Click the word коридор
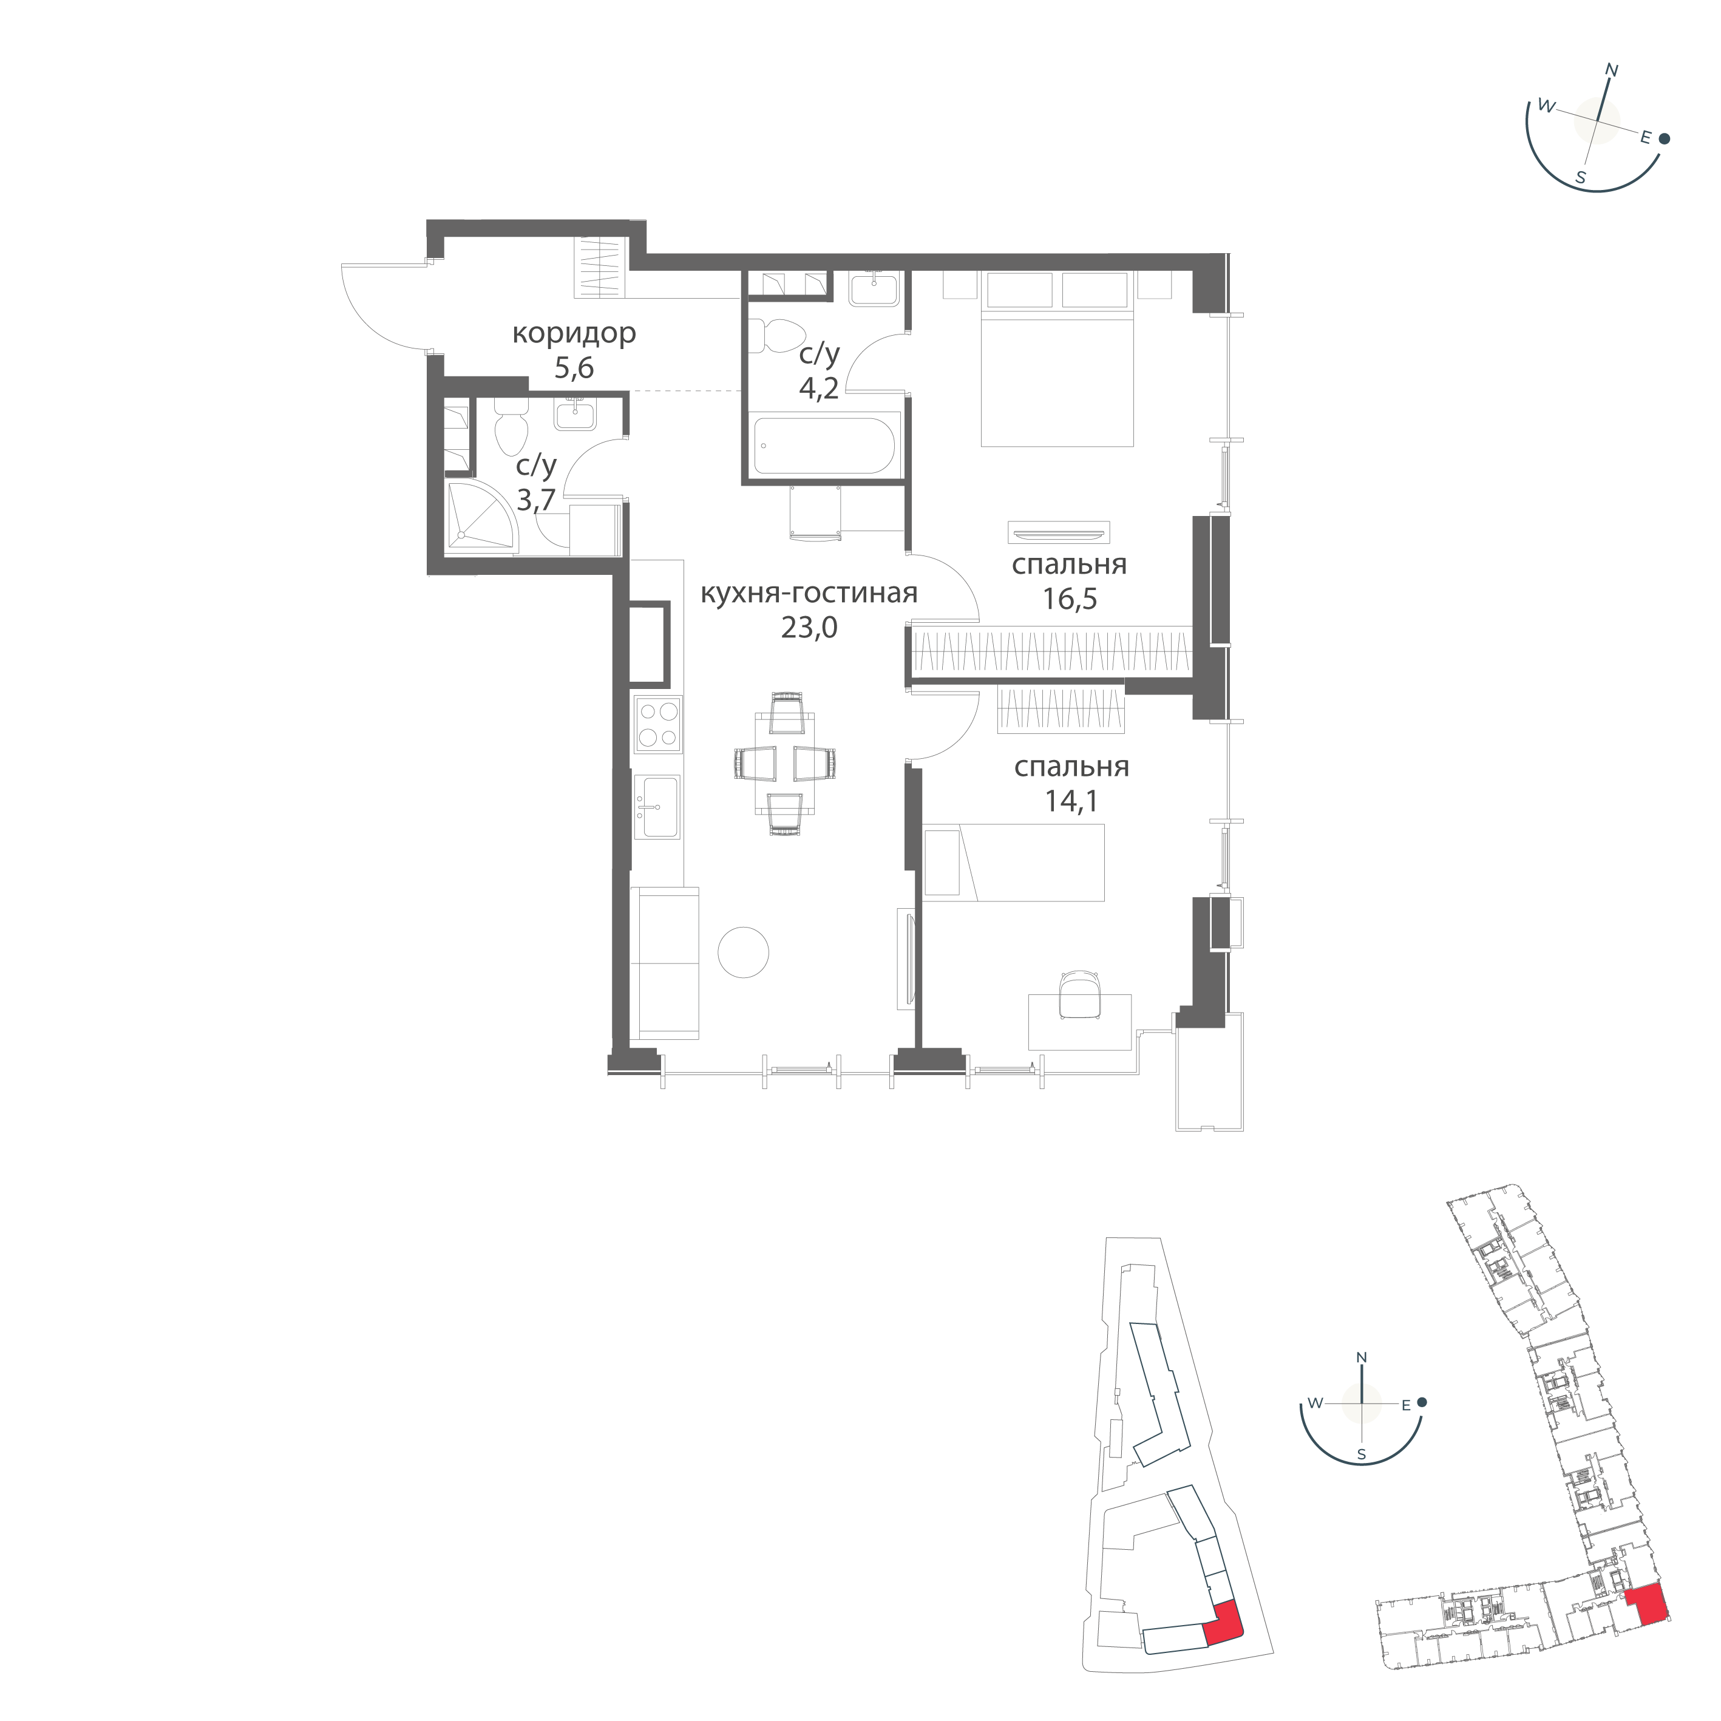pyautogui.click(x=574, y=333)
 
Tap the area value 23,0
pyautogui.click(x=809, y=628)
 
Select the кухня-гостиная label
pyautogui.click(x=809, y=593)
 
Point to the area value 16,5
pyautogui.click(x=1070, y=599)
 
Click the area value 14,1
pyautogui.click(x=1071, y=801)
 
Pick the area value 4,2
pyautogui.click(x=819, y=389)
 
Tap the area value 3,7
pyautogui.click(x=536, y=500)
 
